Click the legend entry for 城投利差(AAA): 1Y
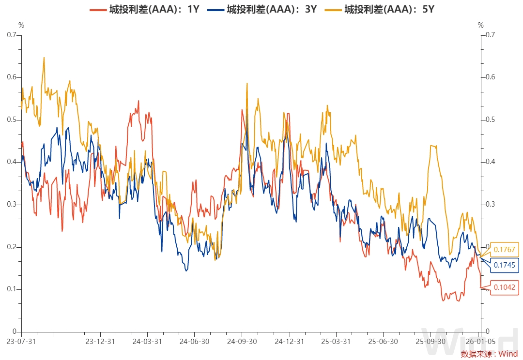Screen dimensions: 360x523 145,9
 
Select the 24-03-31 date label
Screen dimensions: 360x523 147,341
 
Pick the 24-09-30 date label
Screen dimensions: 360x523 242,341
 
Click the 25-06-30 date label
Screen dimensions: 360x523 383,341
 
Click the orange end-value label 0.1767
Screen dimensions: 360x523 504,250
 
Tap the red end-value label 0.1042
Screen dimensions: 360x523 504,287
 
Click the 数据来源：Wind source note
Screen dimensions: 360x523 489,354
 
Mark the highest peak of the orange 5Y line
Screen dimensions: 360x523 44,58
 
